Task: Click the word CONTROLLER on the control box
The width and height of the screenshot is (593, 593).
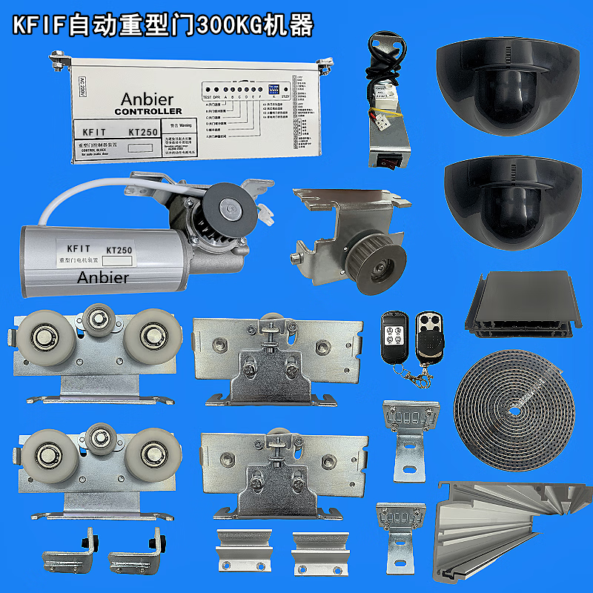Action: [x=148, y=111]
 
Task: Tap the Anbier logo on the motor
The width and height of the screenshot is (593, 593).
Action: [x=103, y=277]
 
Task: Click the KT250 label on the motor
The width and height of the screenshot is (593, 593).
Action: [x=119, y=251]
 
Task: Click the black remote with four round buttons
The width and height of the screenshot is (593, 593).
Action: [x=395, y=336]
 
